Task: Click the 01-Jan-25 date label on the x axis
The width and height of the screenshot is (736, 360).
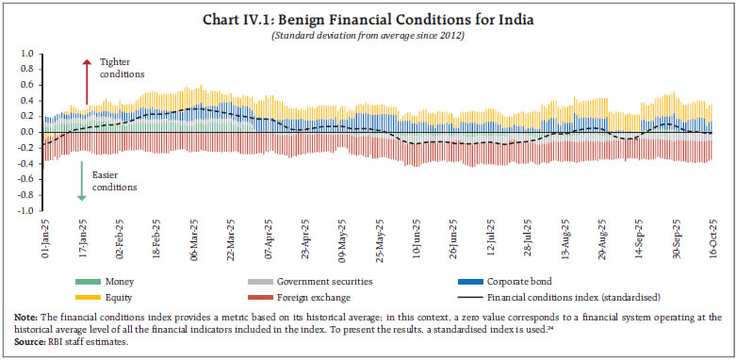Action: pos(45,237)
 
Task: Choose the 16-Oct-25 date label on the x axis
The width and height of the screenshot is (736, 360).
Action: pos(711,237)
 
